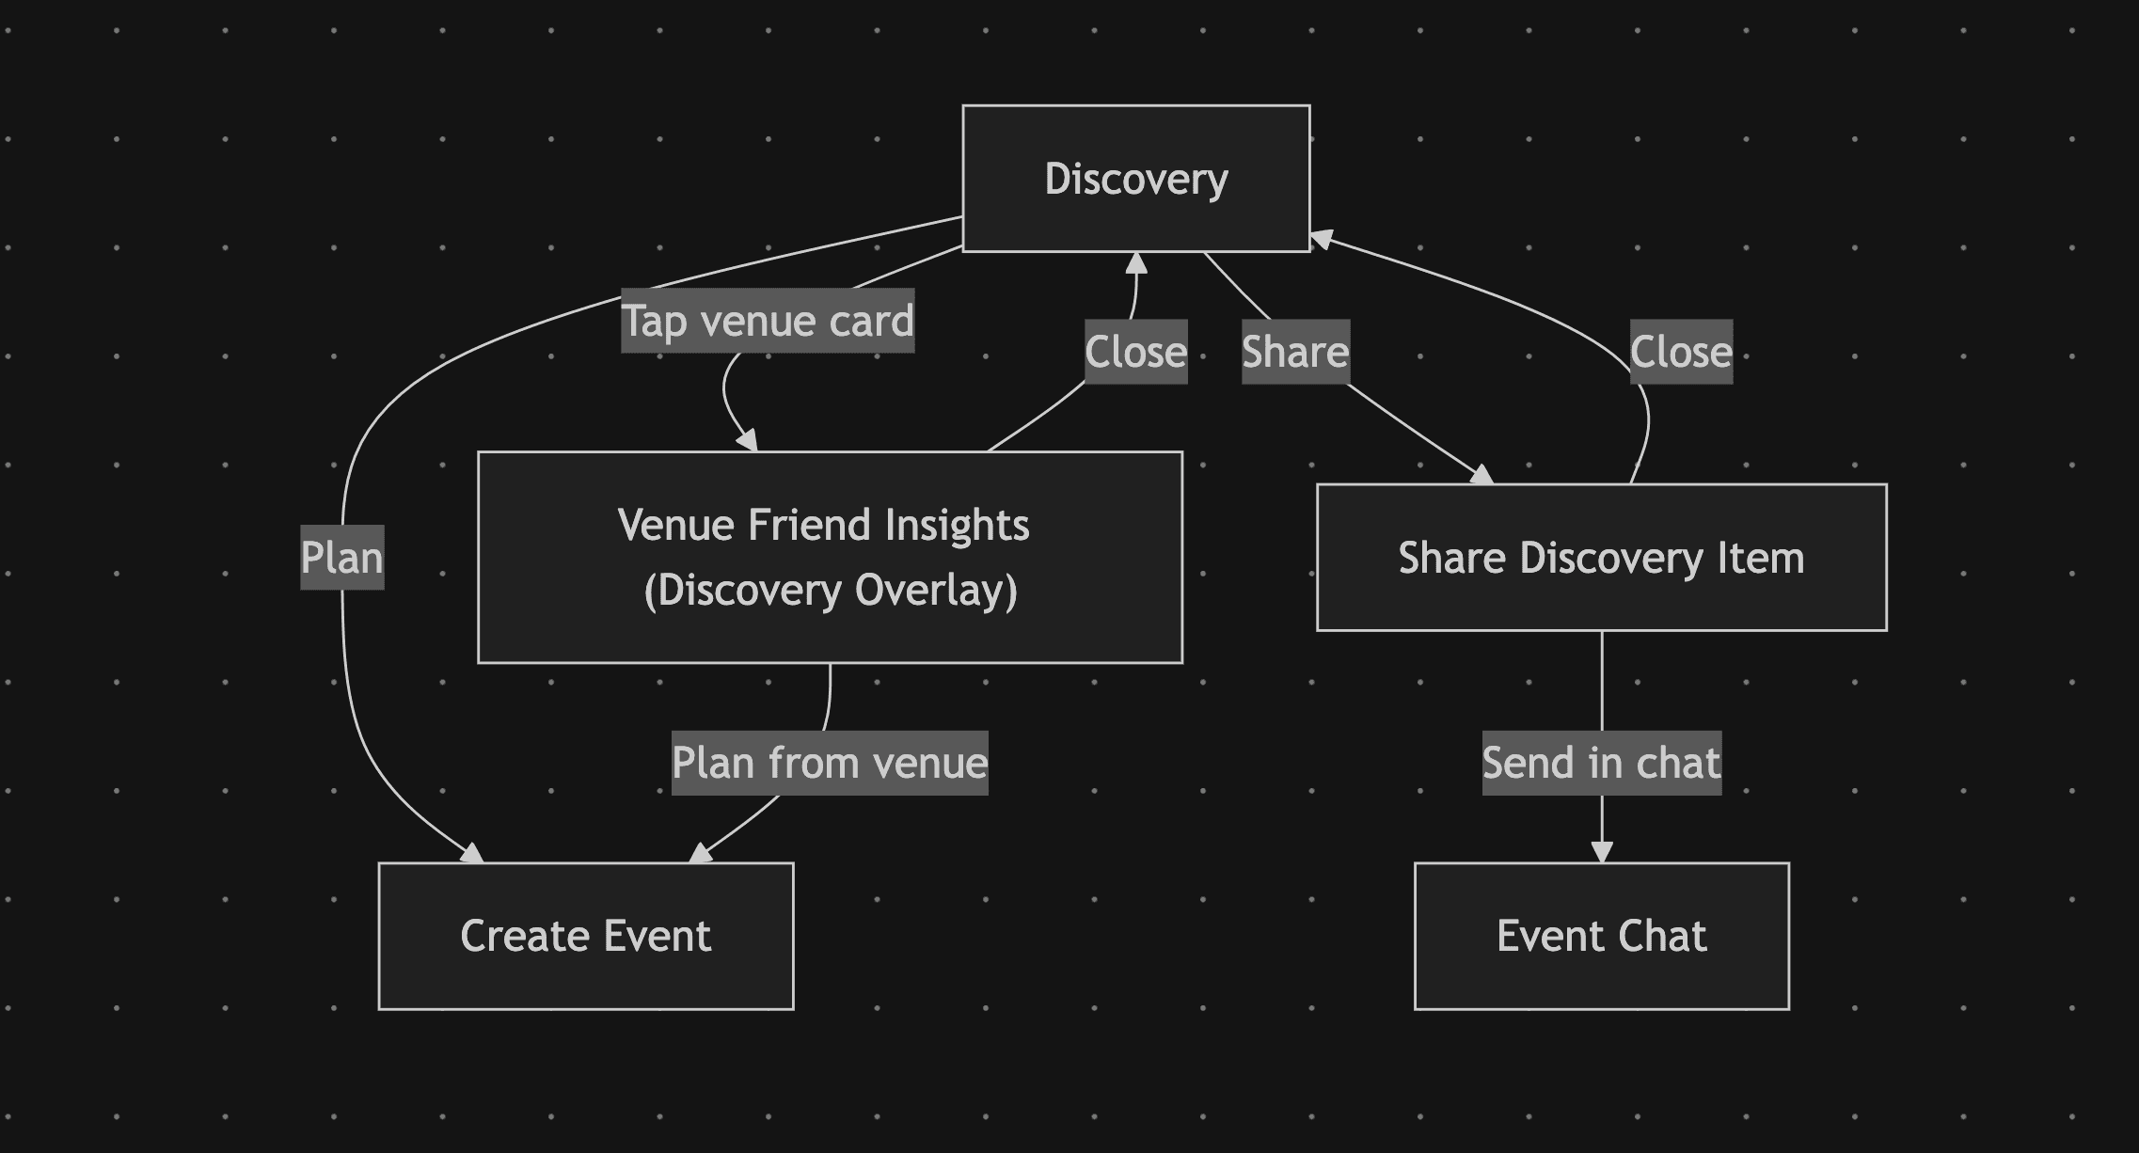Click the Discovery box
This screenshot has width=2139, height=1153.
(x=1135, y=179)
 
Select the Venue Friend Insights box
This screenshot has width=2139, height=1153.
(x=830, y=557)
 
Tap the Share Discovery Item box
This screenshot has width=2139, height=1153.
(x=1601, y=557)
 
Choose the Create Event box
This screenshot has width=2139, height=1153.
(x=585, y=936)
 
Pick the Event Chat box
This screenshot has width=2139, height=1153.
(x=1601, y=936)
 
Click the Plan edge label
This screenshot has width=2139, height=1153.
(x=341, y=557)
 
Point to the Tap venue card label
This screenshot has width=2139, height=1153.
(x=768, y=321)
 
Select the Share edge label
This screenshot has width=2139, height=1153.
(x=1295, y=352)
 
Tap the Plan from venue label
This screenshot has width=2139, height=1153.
(x=830, y=763)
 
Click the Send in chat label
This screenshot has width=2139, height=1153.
(x=1601, y=763)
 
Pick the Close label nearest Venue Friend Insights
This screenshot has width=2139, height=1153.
(x=1135, y=352)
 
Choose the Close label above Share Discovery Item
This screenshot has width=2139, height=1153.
(x=1681, y=352)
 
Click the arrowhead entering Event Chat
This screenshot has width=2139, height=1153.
(x=1601, y=852)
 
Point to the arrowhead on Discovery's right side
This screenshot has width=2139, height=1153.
(x=1322, y=240)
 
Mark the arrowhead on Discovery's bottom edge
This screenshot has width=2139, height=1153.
(x=1136, y=262)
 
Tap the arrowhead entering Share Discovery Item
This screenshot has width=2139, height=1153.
(x=1481, y=475)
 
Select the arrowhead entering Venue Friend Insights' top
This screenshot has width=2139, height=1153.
(x=748, y=440)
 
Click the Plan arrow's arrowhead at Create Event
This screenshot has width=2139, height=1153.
(x=472, y=853)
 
